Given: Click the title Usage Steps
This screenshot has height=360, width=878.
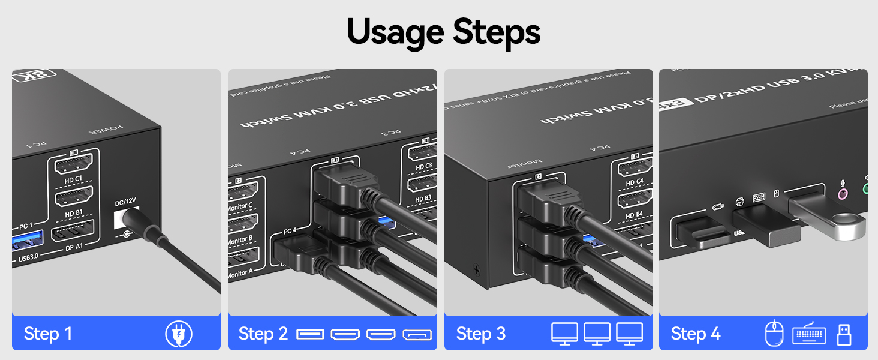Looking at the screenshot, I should click(443, 32).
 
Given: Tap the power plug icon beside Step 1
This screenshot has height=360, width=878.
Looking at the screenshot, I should click(178, 333).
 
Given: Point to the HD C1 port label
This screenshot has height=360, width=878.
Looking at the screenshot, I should click(73, 178).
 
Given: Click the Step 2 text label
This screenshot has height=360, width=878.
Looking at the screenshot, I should click(263, 334).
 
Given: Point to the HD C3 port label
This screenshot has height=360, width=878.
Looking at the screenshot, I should click(423, 166).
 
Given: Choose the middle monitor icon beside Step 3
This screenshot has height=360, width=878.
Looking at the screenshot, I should click(597, 334).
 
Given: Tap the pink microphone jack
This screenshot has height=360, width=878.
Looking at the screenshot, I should click(843, 194).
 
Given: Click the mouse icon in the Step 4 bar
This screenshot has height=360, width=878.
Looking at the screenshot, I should click(774, 334).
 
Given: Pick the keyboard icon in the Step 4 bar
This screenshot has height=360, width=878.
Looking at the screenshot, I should click(809, 334).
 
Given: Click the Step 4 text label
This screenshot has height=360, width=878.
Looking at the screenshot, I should click(696, 334).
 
